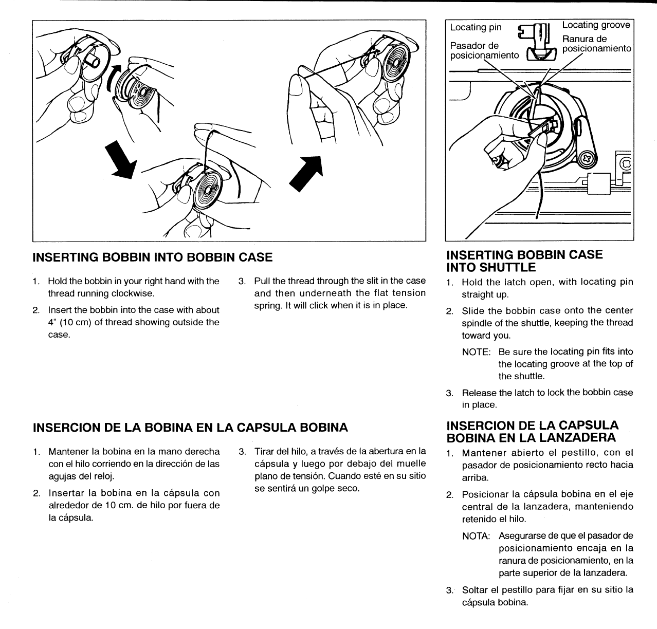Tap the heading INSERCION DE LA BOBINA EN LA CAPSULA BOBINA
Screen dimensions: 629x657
[x=190, y=427]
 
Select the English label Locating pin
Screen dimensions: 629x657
[x=476, y=27]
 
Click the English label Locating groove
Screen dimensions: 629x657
[x=596, y=25]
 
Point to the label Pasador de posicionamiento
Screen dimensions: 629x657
[x=484, y=50]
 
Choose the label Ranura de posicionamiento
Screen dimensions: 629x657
[x=596, y=44]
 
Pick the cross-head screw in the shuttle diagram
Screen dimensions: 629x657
[x=587, y=159]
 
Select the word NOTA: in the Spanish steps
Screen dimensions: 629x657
[x=476, y=536]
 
